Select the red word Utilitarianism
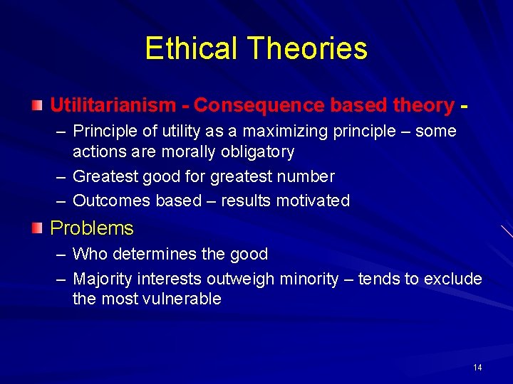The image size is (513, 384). click(113, 105)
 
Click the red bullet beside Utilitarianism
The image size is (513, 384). click(37, 105)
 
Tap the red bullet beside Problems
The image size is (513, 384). click(37, 228)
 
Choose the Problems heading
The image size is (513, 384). click(92, 228)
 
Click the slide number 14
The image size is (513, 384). click(477, 368)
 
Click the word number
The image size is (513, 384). click(306, 176)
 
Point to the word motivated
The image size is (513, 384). click(311, 201)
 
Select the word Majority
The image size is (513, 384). click(103, 279)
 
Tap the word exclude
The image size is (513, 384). click(453, 279)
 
